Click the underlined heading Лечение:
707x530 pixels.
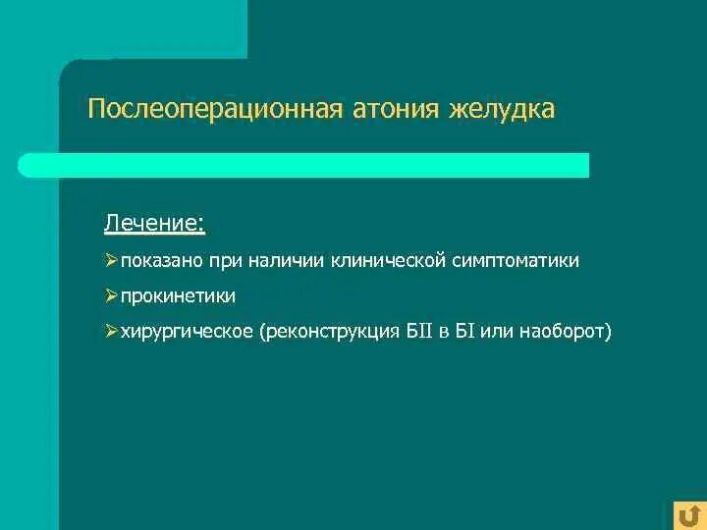click(155, 225)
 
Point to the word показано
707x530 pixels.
click(161, 261)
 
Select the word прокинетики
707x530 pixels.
click(178, 296)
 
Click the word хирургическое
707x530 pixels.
click(187, 332)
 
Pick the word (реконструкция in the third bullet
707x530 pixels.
click(330, 332)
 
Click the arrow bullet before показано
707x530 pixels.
click(111, 261)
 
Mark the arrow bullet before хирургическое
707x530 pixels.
click(111, 332)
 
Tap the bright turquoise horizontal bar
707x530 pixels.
click(303, 165)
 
